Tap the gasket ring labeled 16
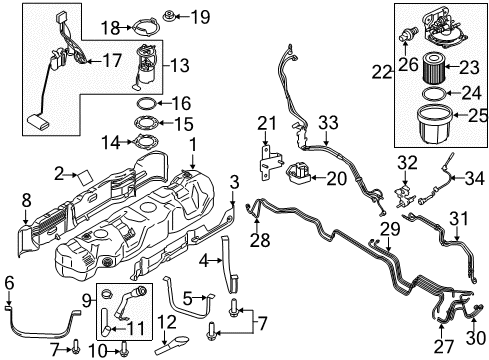tap(145, 103)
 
